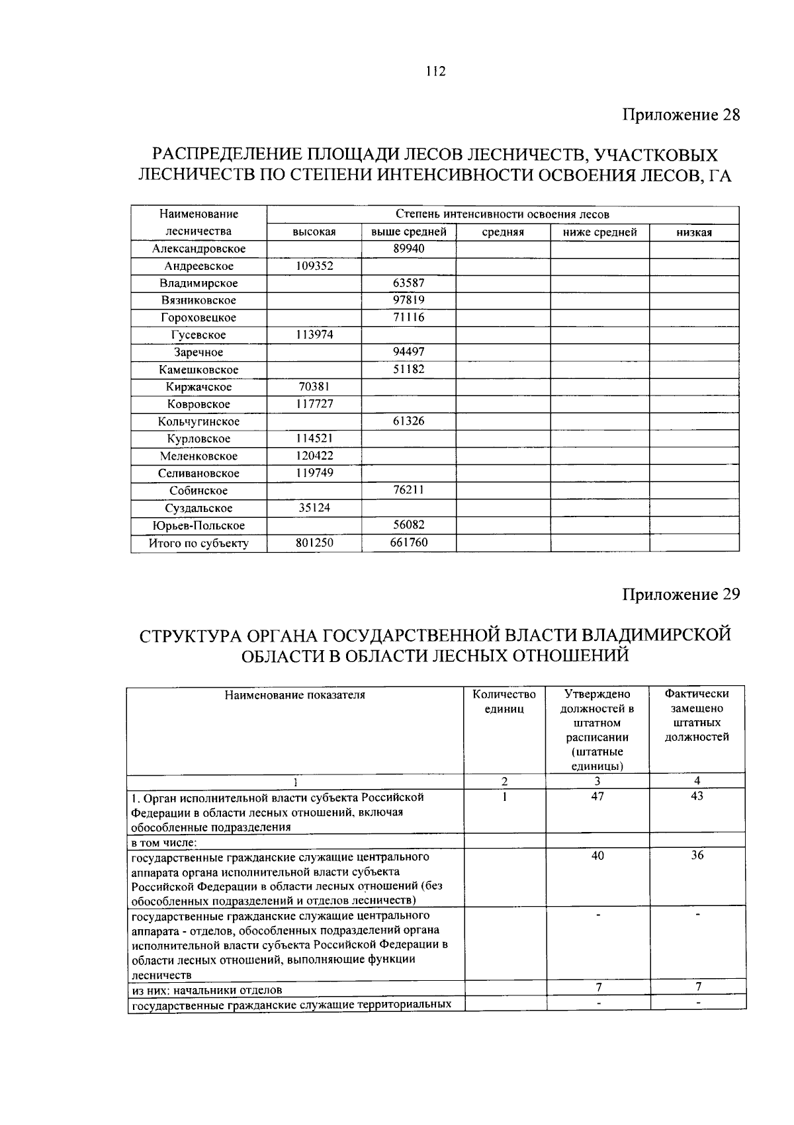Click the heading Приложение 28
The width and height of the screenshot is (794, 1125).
pyautogui.click(x=680, y=115)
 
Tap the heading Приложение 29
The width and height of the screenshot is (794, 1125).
pyautogui.click(x=680, y=594)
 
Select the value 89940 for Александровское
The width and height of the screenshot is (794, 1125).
pyautogui.click(x=408, y=249)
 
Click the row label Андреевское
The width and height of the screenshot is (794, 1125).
pyautogui.click(x=198, y=266)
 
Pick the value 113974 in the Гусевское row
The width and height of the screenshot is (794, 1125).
pyautogui.click(x=314, y=335)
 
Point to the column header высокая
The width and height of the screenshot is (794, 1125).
pyautogui.click(x=314, y=232)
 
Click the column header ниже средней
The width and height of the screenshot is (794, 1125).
pyautogui.click(x=599, y=232)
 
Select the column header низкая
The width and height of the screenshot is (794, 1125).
pyautogui.click(x=694, y=232)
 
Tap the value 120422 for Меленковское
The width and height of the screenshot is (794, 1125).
pyautogui.click(x=314, y=456)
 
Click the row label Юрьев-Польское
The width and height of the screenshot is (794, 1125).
pyautogui.click(x=198, y=526)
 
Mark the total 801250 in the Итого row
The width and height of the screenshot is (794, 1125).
pyautogui.click(x=314, y=543)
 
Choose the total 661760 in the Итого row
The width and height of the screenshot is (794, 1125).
pyautogui.click(x=408, y=543)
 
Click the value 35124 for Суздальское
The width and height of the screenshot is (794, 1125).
pyautogui.click(x=314, y=508)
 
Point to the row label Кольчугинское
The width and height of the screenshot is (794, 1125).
pyautogui.click(x=198, y=421)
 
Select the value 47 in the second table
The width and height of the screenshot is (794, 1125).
pyautogui.click(x=597, y=797)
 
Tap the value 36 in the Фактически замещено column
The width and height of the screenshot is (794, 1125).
pyautogui.click(x=697, y=856)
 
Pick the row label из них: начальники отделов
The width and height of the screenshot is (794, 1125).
pyautogui.click(x=206, y=990)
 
